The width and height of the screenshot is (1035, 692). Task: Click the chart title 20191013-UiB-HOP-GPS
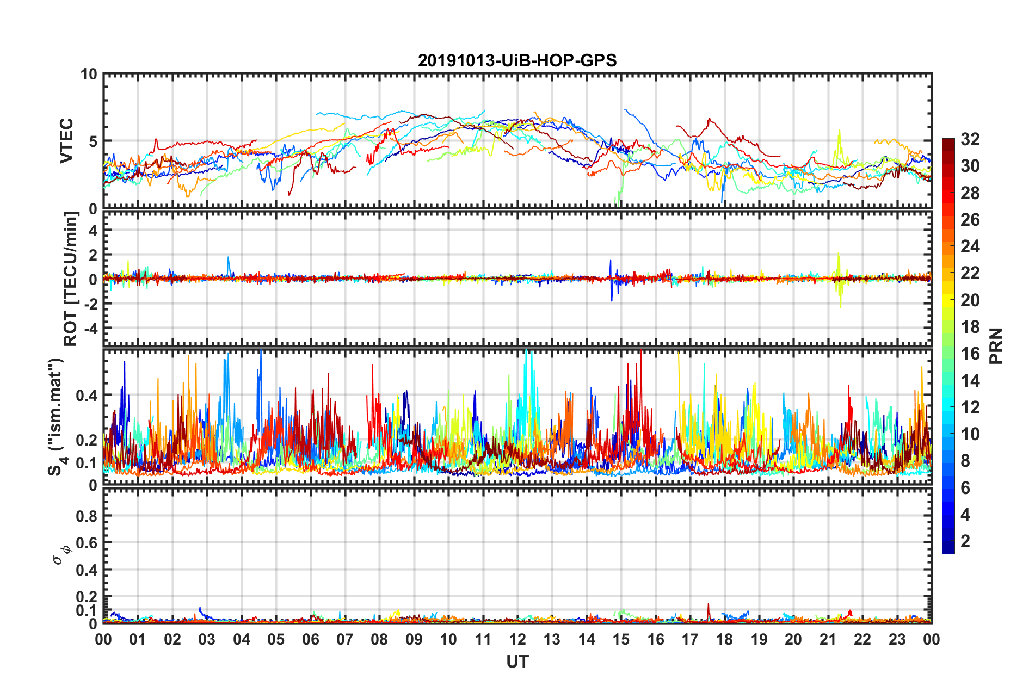pyautogui.click(x=517, y=60)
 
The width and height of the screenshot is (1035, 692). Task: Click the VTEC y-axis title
pyautogui.click(x=66, y=141)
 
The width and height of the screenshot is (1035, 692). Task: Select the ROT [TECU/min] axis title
pyautogui.click(x=71, y=279)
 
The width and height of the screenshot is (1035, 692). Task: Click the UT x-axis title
pyautogui.click(x=517, y=662)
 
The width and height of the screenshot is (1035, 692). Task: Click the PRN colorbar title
pyautogui.click(x=996, y=346)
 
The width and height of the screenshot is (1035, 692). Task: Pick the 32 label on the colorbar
pyautogui.click(x=970, y=139)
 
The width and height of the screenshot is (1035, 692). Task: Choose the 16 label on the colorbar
pyautogui.click(x=970, y=354)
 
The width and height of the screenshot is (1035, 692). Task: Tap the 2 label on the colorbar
pyautogui.click(x=965, y=541)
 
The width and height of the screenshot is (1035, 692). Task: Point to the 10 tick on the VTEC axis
pyautogui.click(x=89, y=75)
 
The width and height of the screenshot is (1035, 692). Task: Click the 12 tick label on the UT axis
pyautogui.click(x=517, y=639)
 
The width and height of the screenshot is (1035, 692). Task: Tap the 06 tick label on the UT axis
pyautogui.click(x=310, y=639)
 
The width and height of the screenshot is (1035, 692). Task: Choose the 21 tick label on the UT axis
pyautogui.click(x=828, y=639)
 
